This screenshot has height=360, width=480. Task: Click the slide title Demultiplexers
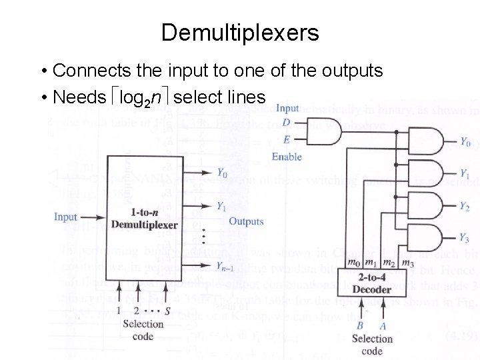(x=240, y=32)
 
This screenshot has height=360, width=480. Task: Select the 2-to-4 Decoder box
(x=371, y=283)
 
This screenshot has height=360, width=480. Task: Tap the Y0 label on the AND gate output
(x=465, y=141)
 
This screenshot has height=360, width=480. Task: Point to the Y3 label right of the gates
(x=465, y=238)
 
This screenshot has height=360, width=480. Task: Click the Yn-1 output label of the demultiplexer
(x=224, y=267)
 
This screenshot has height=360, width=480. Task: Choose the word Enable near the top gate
(x=287, y=157)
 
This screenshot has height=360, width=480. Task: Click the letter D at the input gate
(x=286, y=122)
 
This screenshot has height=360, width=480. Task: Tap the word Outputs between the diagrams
(x=246, y=221)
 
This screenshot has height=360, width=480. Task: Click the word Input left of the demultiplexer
(x=66, y=217)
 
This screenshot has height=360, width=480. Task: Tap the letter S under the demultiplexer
(x=167, y=310)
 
